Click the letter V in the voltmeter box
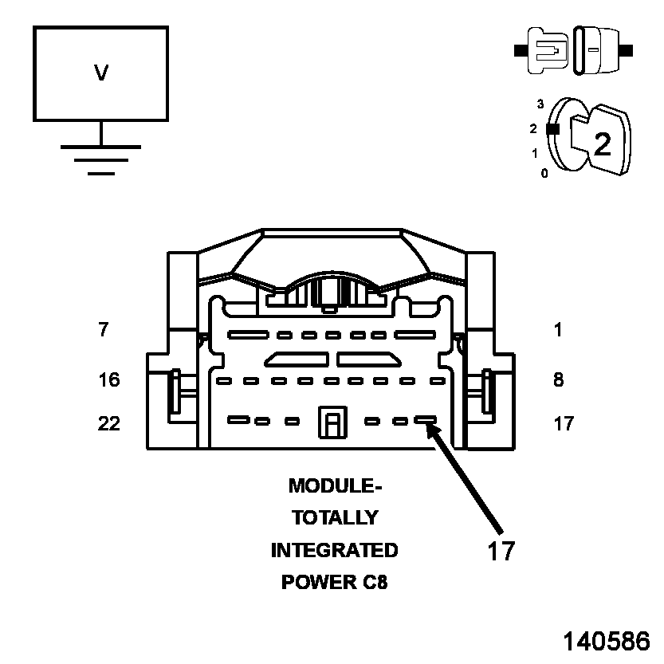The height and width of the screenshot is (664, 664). pos(101,73)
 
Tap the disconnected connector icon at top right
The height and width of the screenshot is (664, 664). pos(574,50)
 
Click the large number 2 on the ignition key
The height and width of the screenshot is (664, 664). pos(603,143)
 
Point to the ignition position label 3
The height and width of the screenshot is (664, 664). pos(540,104)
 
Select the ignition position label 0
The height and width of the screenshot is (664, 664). pos(544,173)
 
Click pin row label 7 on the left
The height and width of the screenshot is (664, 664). pos(103,329)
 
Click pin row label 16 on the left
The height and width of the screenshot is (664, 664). pos(108,379)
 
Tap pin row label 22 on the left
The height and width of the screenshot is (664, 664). pos(108,423)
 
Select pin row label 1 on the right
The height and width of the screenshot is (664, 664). pos(558,329)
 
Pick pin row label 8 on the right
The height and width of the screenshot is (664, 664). pos(558,379)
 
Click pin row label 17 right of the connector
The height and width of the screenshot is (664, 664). pos(563,423)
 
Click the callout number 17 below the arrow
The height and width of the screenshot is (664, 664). pos(501,551)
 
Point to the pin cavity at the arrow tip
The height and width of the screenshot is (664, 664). pos(425,419)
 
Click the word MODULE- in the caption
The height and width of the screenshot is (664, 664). pos(330,485)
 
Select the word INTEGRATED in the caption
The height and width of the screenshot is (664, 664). pos(334,550)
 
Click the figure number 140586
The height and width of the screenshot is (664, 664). pos(607,642)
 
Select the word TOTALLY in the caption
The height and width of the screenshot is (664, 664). pos(334,517)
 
